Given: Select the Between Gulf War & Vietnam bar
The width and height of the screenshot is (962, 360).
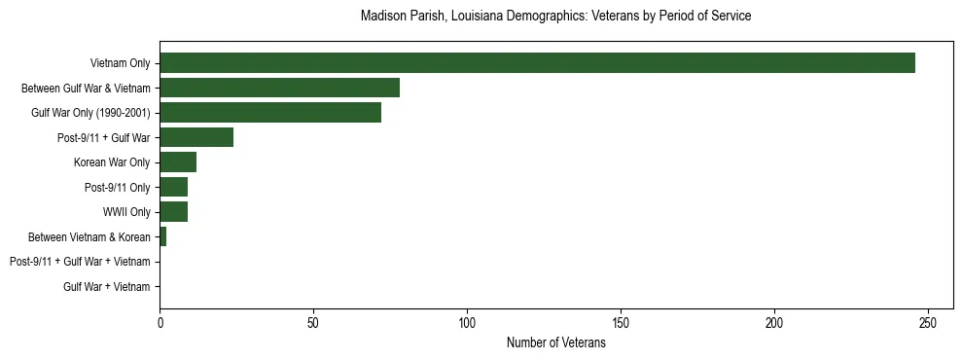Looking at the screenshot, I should pos(279,88).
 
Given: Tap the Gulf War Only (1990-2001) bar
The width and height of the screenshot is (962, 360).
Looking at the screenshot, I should pos(270,113).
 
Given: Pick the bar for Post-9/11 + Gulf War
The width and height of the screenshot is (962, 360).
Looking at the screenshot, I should pos(196,137).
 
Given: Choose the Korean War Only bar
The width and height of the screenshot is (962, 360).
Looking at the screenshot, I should pos(178,162).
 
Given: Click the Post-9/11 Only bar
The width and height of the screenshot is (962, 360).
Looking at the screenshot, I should pos(173,187).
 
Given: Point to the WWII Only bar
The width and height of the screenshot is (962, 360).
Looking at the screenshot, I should pos(173,212).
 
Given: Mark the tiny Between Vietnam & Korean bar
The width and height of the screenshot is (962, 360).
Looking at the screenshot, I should pos(162,236).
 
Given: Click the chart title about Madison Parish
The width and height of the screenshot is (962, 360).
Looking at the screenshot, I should pos(555,17).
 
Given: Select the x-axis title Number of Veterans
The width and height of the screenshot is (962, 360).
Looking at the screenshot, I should pos(555,343).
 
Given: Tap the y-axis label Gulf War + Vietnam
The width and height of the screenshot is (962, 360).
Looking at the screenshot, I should pos(106,287).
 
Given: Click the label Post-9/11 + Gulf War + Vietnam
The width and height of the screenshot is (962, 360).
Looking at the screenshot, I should pos(80,262).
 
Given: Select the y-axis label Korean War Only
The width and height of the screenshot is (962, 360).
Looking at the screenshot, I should pos(112,162).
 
